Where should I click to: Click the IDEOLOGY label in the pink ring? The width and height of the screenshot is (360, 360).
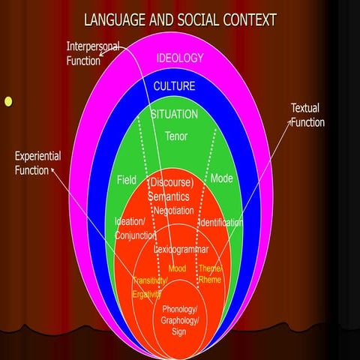coord(180,58)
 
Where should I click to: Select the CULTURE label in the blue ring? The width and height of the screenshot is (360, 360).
coord(174,86)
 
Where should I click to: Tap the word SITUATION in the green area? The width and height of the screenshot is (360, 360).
coord(174,114)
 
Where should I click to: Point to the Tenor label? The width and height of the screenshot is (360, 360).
coord(176,136)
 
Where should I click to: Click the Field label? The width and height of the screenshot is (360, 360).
coord(127,180)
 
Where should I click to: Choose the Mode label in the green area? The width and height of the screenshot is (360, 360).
coord(221,178)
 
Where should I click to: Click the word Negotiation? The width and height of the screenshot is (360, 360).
coord(174,211)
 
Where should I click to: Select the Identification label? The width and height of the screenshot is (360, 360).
coord(220,222)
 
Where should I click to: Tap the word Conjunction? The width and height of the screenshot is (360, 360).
coord(135,235)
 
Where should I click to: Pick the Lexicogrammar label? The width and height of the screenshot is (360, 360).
coord(181,249)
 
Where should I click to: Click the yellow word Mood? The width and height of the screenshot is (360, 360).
coord(177,268)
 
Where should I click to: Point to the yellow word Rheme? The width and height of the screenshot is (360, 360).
coord(210,280)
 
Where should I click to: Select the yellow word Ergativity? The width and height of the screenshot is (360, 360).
coord(146,295)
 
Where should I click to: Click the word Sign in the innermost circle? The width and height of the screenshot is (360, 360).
coord(179,331)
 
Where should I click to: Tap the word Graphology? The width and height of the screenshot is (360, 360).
coord(180,320)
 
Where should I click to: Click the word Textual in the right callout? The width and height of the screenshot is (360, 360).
coord(305,108)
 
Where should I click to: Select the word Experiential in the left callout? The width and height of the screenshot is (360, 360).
coord(37,156)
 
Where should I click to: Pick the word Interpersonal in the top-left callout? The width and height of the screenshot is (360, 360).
coord(93,46)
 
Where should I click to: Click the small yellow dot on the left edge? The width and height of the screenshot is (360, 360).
coord(8,102)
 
